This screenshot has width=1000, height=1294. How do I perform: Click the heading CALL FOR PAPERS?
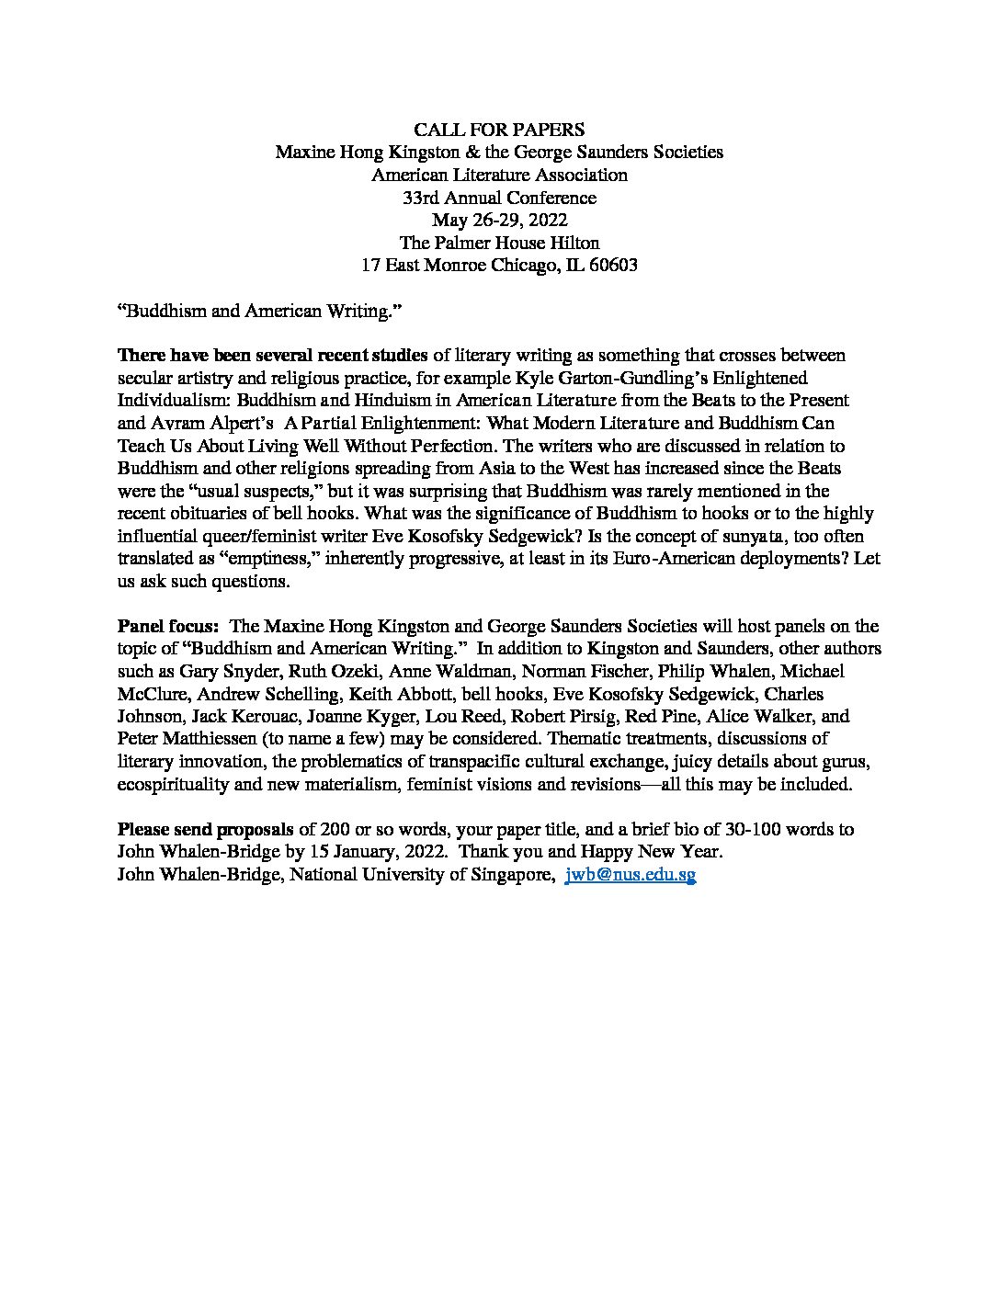pyautogui.click(x=499, y=130)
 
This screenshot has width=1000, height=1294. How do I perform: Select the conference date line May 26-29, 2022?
pyautogui.click(x=499, y=220)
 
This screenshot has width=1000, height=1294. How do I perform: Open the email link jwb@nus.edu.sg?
pyautogui.click(x=630, y=875)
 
